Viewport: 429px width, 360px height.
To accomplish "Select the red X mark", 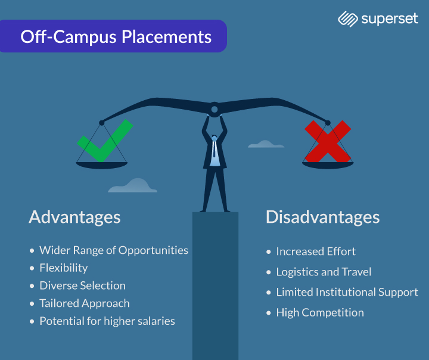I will tap(327, 141).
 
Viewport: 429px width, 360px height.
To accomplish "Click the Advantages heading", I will tap(74, 217).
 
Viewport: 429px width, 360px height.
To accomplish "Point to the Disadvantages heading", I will tap(322, 217).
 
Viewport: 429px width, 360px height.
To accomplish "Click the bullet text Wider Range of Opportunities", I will tap(113, 250).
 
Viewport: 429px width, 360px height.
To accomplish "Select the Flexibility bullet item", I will tap(63, 268).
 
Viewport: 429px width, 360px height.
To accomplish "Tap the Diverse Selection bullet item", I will tap(82, 285).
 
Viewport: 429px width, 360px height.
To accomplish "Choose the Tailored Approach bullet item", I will tap(84, 303).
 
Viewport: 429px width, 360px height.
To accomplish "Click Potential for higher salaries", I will tap(107, 321).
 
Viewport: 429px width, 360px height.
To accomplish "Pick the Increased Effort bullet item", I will tap(316, 252).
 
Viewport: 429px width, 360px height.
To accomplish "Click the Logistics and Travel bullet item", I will tap(324, 272).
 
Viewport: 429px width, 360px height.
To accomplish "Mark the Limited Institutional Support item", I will tap(347, 292).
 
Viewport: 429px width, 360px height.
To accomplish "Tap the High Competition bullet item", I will tap(319, 312).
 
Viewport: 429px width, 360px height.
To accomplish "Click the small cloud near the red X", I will tap(266, 144).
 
